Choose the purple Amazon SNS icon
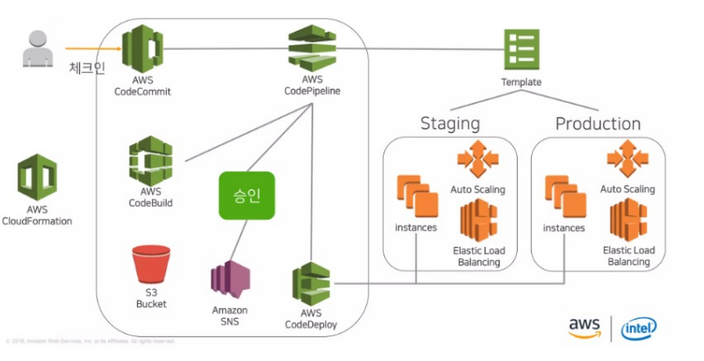(230, 281)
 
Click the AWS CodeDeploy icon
(312, 285)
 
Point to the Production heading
(598, 123)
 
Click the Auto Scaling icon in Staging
(478, 160)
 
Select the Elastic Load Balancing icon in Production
(629, 220)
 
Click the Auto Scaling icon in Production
(628, 160)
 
